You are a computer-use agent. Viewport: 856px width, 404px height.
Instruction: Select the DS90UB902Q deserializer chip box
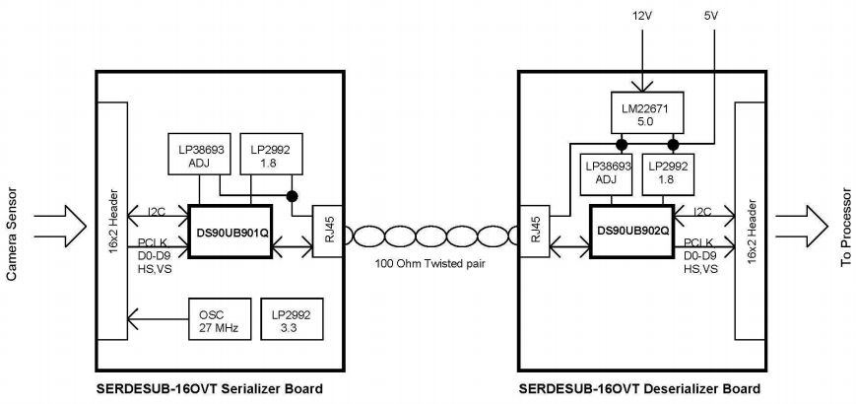click(632, 232)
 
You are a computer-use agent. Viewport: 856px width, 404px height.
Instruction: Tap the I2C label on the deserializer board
click(701, 211)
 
